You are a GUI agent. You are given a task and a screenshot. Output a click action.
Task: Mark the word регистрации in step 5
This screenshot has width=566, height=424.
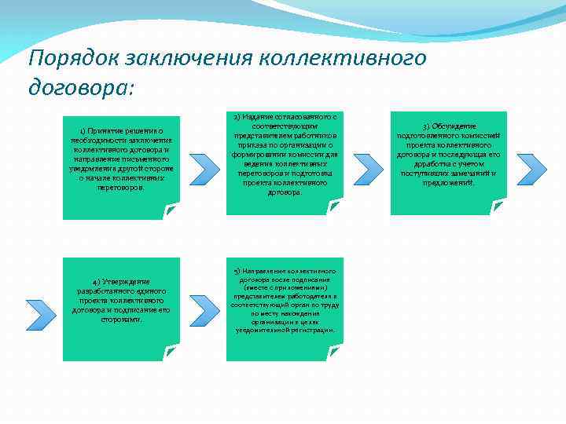click(x=311, y=330)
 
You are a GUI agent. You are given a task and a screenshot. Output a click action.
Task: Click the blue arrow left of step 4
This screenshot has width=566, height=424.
click(x=41, y=313)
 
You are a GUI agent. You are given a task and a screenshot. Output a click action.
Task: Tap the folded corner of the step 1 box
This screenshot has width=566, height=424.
click(x=172, y=210)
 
